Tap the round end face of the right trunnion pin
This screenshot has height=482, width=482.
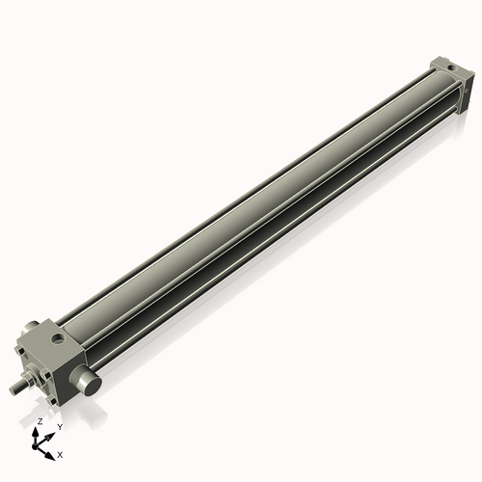pos(93,385)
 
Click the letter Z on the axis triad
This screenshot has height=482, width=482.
pos(40,422)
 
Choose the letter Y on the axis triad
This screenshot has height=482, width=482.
pos(59,426)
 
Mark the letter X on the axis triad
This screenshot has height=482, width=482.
pos(60,453)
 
